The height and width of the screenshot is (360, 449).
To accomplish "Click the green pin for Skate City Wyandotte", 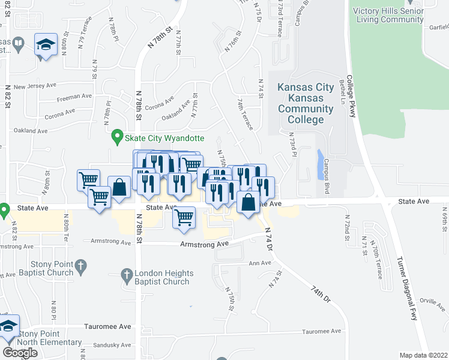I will click(x=119, y=137).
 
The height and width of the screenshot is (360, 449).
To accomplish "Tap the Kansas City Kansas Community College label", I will click(x=305, y=103).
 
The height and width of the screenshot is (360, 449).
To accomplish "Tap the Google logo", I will click(x=20, y=353).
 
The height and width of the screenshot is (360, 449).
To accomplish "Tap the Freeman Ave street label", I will click(x=74, y=96).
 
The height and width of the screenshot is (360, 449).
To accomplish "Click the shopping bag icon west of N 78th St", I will click(x=119, y=187).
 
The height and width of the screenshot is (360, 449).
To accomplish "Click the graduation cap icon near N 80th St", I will click(x=46, y=45).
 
